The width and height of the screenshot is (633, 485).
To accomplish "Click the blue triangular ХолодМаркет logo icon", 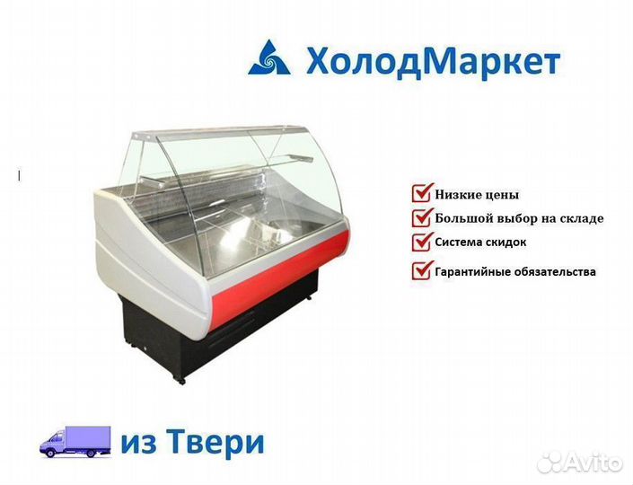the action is click(268, 57).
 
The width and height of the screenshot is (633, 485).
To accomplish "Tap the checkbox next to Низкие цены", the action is click(422, 192).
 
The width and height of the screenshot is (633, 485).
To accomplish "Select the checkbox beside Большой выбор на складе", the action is click(422, 216).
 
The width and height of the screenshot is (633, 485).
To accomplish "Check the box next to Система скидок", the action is click(422, 241).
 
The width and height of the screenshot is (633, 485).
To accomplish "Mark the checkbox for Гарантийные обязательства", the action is click(422, 269).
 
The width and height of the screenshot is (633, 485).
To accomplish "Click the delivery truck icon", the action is click(75, 441).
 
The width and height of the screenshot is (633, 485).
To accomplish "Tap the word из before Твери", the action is click(138, 445).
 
